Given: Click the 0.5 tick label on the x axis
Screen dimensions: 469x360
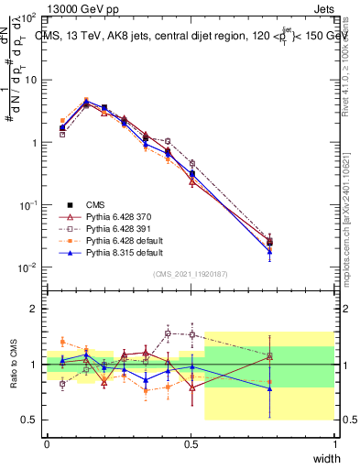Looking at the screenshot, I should pyautogui.click(x=191, y=443).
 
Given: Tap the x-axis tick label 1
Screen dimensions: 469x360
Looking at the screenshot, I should pyautogui.click(x=334, y=443).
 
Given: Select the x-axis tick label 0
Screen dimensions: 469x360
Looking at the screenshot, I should pyautogui.click(x=48, y=443).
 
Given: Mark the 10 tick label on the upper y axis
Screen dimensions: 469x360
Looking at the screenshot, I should pyautogui.click(x=29, y=80).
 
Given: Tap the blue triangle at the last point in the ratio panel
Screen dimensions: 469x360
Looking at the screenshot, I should pyautogui.click(x=269, y=388).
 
